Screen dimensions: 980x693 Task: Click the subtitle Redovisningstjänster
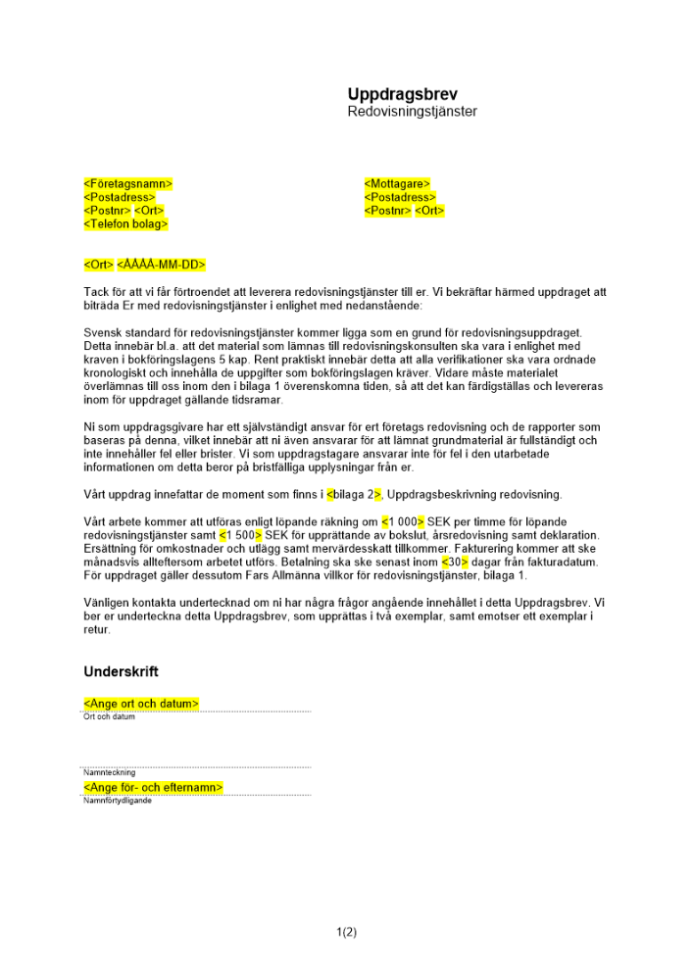tap(412, 112)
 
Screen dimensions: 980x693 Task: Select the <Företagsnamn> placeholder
tap(128, 183)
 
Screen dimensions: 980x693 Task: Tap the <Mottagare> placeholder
tap(397, 183)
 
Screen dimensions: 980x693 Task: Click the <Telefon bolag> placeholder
tap(126, 224)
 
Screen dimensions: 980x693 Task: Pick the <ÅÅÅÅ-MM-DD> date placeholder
tap(162, 265)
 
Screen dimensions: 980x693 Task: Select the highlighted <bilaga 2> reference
tap(354, 494)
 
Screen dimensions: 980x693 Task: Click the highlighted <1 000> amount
tap(403, 521)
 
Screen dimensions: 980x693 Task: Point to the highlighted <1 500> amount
tap(240, 535)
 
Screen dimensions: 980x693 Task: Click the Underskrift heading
tap(122, 672)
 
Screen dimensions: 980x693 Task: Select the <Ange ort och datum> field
tap(142, 704)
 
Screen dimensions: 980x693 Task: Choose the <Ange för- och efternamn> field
tap(154, 788)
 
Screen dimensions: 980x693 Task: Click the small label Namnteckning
tap(110, 773)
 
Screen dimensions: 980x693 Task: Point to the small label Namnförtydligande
tap(118, 801)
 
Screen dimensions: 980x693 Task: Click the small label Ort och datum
tap(110, 716)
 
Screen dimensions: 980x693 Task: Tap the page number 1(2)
tap(346, 932)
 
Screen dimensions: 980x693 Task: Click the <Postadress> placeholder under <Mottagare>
tap(400, 197)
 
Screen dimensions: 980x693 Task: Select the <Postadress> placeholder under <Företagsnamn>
tap(120, 197)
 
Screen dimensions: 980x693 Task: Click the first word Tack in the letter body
tap(97, 292)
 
